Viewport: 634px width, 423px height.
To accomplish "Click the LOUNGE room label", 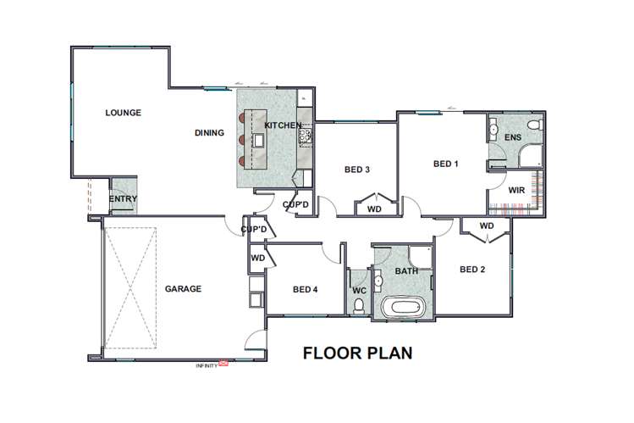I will pyautogui.click(x=123, y=113).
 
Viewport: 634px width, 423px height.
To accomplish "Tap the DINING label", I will pyautogui.click(x=209, y=132).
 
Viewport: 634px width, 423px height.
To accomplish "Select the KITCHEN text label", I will pyautogui.click(x=283, y=125).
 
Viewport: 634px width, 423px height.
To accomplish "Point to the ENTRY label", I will pyautogui.click(x=124, y=200).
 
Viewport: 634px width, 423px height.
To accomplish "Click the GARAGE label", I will pyautogui.click(x=183, y=289).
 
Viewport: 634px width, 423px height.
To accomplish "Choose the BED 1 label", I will pyautogui.click(x=445, y=164).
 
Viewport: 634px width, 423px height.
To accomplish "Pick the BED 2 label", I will pyautogui.click(x=471, y=270).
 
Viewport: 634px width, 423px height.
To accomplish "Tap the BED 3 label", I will pyautogui.click(x=356, y=170).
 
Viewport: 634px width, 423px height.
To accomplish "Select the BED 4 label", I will pyautogui.click(x=305, y=289).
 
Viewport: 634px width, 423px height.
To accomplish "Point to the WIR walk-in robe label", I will pyautogui.click(x=516, y=191).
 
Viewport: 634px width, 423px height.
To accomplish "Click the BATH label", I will pyautogui.click(x=406, y=271).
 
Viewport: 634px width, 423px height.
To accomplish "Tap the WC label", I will pyautogui.click(x=359, y=290).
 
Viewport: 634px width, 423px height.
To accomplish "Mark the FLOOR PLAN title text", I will pyautogui.click(x=358, y=353).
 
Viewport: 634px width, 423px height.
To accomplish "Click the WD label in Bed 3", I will pyautogui.click(x=373, y=208).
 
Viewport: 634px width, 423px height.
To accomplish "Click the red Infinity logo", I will pyautogui.click(x=223, y=364).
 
